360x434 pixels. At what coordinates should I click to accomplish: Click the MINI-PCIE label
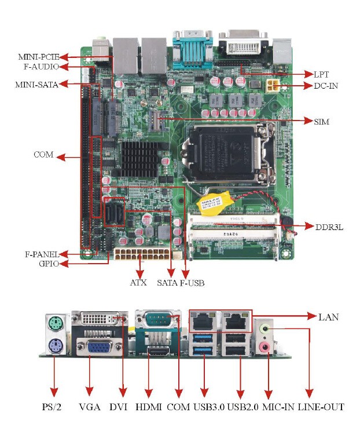[38, 57]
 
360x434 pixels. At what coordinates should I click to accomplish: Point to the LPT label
[321, 75]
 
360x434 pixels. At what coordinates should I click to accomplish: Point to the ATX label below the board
[138, 283]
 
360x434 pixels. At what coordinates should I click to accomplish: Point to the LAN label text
[329, 316]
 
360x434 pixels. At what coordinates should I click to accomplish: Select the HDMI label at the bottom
[149, 407]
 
